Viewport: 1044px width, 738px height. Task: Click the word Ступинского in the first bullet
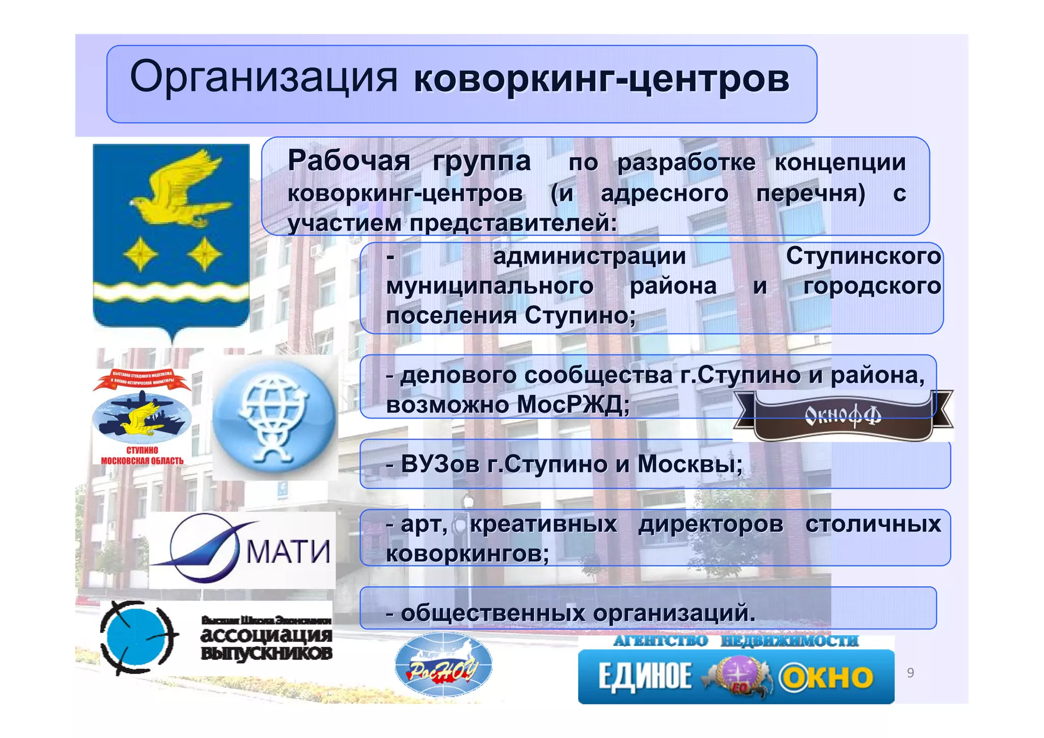863,256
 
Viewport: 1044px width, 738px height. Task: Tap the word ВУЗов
436,464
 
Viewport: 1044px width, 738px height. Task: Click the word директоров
711,524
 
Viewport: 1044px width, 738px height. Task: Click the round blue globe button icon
275,417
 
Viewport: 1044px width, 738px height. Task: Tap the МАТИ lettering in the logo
288,551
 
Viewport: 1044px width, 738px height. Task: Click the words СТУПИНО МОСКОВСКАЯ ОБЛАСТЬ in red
142,456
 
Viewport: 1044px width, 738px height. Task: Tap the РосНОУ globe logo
443,665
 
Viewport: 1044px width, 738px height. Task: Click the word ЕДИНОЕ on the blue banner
644,677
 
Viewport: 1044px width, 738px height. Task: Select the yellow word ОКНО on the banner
827,677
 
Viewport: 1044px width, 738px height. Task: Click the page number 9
910,673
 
